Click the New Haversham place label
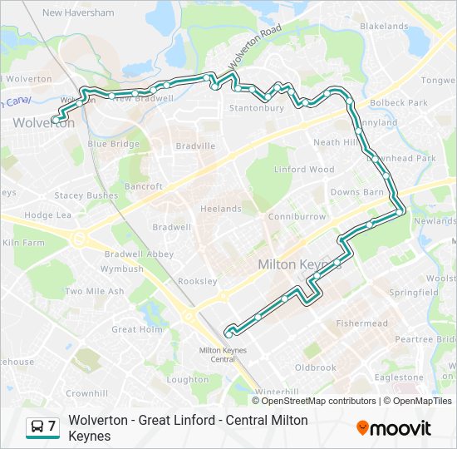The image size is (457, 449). click(x=77, y=12)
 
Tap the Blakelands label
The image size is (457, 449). click(x=384, y=27)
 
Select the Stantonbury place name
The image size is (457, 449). click(x=256, y=108)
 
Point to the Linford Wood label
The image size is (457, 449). click(x=304, y=170)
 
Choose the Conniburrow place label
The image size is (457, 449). click(x=297, y=217)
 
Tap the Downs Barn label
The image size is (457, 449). click(x=356, y=192)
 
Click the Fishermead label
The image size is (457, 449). click(x=361, y=323)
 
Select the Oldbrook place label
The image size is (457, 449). click(x=315, y=368)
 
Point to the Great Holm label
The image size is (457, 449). click(x=136, y=329)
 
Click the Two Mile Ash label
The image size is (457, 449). click(x=94, y=292)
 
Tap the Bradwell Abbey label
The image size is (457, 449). click(x=138, y=254)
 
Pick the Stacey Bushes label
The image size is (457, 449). click(x=86, y=195)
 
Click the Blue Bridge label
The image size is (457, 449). click(x=113, y=144)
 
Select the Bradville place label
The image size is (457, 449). click(x=195, y=146)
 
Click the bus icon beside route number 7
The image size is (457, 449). click(x=37, y=427)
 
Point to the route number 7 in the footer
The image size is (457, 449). click(x=52, y=427)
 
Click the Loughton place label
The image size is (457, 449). click(x=188, y=379)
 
